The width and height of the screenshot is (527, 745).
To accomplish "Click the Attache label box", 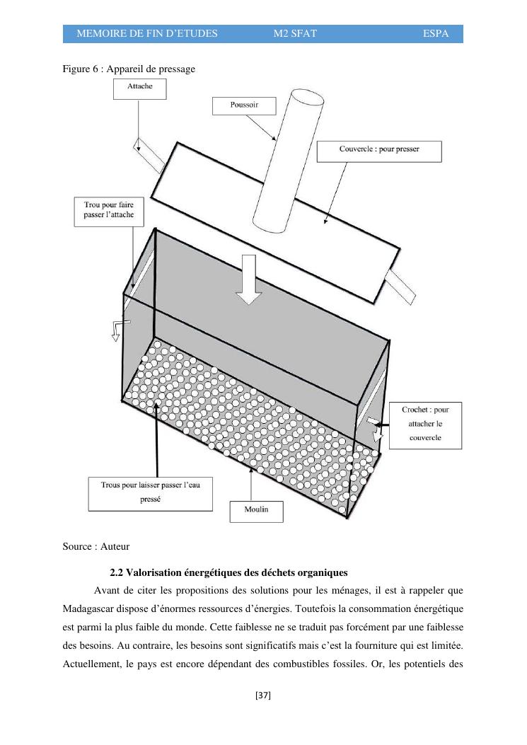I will (139, 88).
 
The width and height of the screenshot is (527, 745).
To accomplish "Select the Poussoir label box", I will (243, 105).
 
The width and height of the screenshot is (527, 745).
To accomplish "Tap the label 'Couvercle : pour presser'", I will (378, 151).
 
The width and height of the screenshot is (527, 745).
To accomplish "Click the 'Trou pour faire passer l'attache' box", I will (104, 211).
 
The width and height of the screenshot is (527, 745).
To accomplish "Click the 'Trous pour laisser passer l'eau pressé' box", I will (150, 493).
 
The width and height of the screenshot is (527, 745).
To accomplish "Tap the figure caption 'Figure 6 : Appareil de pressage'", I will (128, 68).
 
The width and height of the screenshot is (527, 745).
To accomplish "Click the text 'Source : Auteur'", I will (96, 546).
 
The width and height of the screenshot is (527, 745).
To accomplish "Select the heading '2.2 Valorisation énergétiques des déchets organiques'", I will (228, 572).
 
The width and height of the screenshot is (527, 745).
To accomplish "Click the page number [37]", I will (263, 695).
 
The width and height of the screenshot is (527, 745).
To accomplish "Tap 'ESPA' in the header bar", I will (436, 34).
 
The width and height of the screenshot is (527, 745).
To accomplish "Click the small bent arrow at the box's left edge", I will (117, 328).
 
